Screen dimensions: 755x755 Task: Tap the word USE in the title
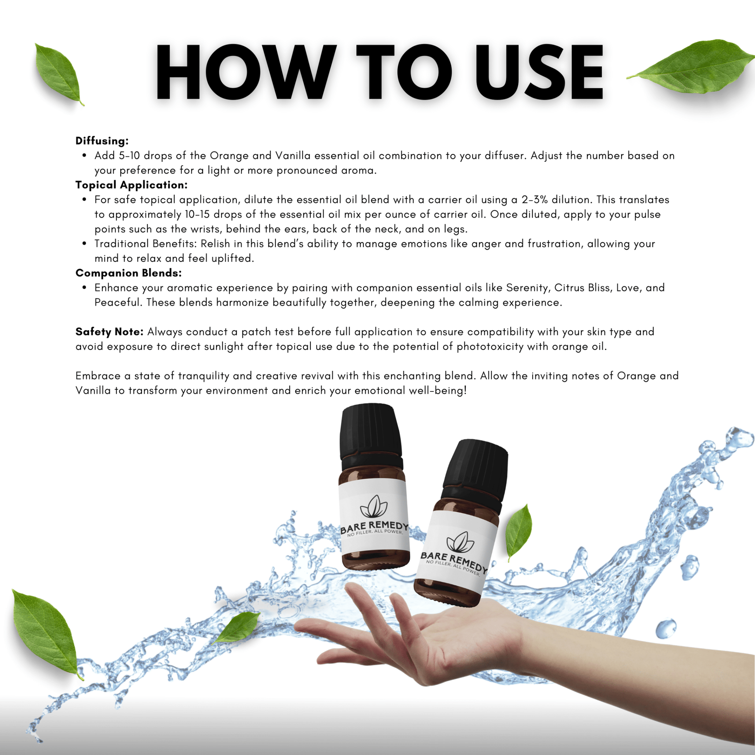[539, 72]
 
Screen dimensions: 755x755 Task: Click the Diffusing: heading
[102, 141]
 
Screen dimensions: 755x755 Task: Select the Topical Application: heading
[132, 185]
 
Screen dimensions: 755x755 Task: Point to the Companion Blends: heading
[128, 273]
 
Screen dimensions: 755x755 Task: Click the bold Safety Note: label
[110, 332]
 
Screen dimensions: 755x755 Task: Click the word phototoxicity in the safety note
[490, 347]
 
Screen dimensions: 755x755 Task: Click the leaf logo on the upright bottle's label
[374, 506]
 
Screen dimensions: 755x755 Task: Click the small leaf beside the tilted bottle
[519, 532]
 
